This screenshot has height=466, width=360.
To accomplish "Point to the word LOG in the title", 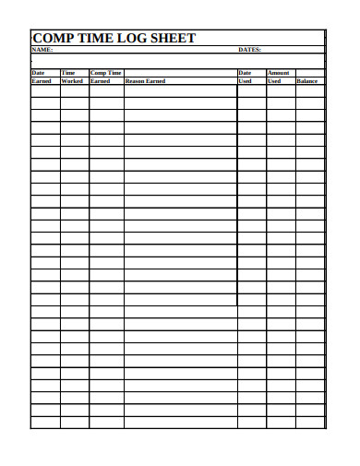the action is click(x=132, y=38).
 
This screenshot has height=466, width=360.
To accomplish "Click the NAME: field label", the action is click(x=42, y=50).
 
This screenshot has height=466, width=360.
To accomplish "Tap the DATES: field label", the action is click(x=249, y=50).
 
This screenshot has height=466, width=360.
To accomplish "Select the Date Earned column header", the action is click(x=42, y=77).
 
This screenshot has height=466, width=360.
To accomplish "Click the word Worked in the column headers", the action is click(x=72, y=81).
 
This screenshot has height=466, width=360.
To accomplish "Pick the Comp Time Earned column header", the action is click(x=105, y=77).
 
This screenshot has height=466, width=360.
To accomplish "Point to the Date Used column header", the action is click(x=245, y=77).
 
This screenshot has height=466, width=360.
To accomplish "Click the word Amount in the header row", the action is click(x=279, y=72).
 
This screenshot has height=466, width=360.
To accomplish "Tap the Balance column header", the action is click(x=307, y=81).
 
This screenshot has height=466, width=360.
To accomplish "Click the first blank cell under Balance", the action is click(x=309, y=91).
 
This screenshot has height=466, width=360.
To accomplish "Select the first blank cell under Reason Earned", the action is click(x=180, y=91).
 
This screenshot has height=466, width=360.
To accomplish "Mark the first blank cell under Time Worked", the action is click(x=74, y=91).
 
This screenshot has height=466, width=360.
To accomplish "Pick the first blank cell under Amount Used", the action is click(x=281, y=91).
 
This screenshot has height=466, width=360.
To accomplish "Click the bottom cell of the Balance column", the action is click(x=309, y=423).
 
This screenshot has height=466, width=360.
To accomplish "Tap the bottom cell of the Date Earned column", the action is click(x=45, y=423).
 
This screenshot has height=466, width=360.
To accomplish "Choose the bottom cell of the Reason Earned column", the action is click(x=180, y=423).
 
